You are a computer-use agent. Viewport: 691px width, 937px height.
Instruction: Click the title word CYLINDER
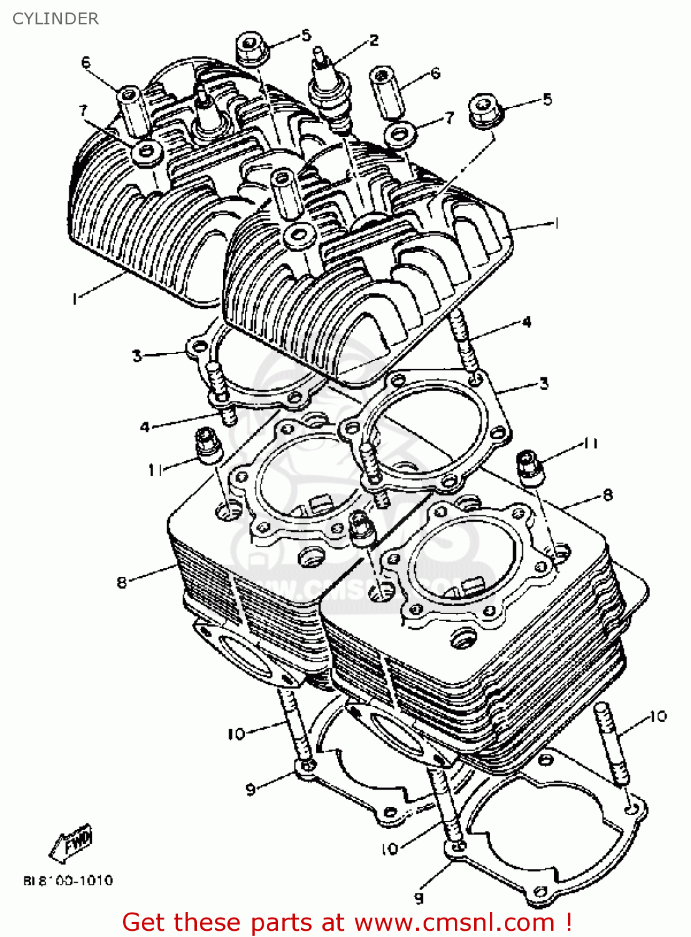pyautogui.click(x=56, y=19)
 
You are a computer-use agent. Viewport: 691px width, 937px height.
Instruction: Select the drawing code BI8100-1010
pyautogui.click(x=68, y=881)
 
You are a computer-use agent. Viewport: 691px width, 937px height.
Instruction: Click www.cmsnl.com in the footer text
pyautogui.click(x=455, y=922)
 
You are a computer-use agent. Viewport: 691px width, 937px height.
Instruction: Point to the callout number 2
pyautogui.click(x=374, y=41)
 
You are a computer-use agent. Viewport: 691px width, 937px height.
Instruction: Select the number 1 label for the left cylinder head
pyautogui.click(x=74, y=299)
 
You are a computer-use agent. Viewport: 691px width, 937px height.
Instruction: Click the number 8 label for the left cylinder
pyautogui.click(x=121, y=582)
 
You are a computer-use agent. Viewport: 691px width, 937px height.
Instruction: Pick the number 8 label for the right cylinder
pyautogui.click(x=607, y=495)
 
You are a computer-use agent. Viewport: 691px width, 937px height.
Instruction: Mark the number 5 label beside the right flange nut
pyautogui.click(x=547, y=99)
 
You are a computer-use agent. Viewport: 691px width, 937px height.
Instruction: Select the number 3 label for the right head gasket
pyautogui.click(x=544, y=383)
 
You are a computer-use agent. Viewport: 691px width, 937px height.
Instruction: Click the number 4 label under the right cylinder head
pyautogui.click(x=526, y=322)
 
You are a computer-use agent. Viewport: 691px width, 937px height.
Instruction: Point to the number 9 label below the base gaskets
pyautogui.click(x=419, y=898)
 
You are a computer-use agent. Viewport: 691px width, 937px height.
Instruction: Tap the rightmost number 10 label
pyautogui.click(x=658, y=716)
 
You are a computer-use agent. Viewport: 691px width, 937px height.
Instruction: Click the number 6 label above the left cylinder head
pyautogui.click(x=86, y=62)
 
